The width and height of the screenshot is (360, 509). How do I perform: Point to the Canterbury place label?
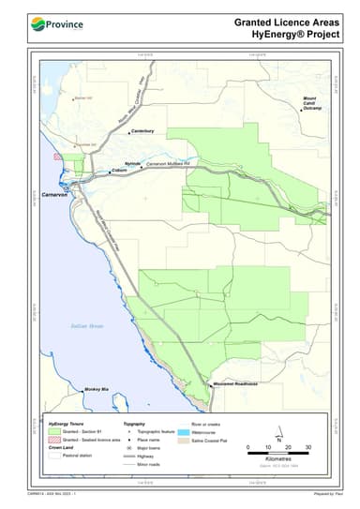click(x=142, y=130)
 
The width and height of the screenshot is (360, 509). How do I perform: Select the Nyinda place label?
click(x=132, y=163)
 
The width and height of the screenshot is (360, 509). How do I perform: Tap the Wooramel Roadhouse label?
click(x=234, y=383)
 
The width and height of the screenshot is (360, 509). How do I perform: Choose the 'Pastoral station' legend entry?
click(x=80, y=455)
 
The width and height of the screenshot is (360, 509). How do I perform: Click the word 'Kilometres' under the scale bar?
click(x=278, y=460)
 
